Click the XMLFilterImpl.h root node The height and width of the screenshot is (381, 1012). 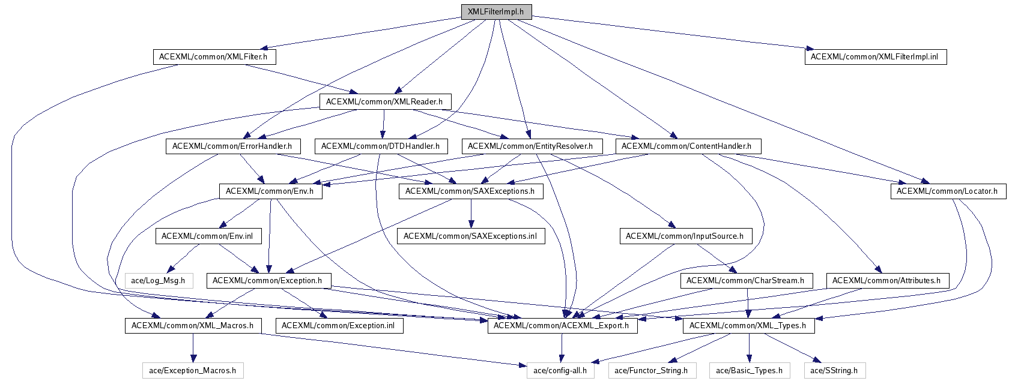[x=495, y=12]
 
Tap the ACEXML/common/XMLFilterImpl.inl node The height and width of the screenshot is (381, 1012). [x=875, y=57]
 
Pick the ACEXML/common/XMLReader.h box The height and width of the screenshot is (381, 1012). [x=384, y=101]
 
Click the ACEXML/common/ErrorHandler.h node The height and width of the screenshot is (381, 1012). [x=232, y=146]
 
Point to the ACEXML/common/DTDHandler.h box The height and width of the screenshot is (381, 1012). [x=380, y=146]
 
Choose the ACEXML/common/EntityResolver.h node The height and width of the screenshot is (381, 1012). [x=530, y=146]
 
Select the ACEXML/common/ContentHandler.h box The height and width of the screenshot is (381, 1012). [x=686, y=146]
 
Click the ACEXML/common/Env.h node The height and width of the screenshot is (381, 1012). [x=270, y=191]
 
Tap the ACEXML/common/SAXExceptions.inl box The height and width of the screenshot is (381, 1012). [x=470, y=236]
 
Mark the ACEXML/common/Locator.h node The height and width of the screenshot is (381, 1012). [x=947, y=191]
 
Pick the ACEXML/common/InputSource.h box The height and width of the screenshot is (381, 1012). [x=685, y=236]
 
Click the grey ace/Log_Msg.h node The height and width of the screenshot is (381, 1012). [x=159, y=280]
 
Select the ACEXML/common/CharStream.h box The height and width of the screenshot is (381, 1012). [x=745, y=280]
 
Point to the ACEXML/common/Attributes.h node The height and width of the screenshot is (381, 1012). [x=886, y=280]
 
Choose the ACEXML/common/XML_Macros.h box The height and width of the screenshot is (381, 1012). [x=192, y=325]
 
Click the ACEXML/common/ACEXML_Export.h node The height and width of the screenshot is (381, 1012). [x=562, y=325]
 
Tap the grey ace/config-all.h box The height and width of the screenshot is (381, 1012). [x=560, y=370]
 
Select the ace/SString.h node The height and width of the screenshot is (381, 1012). [x=834, y=370]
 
